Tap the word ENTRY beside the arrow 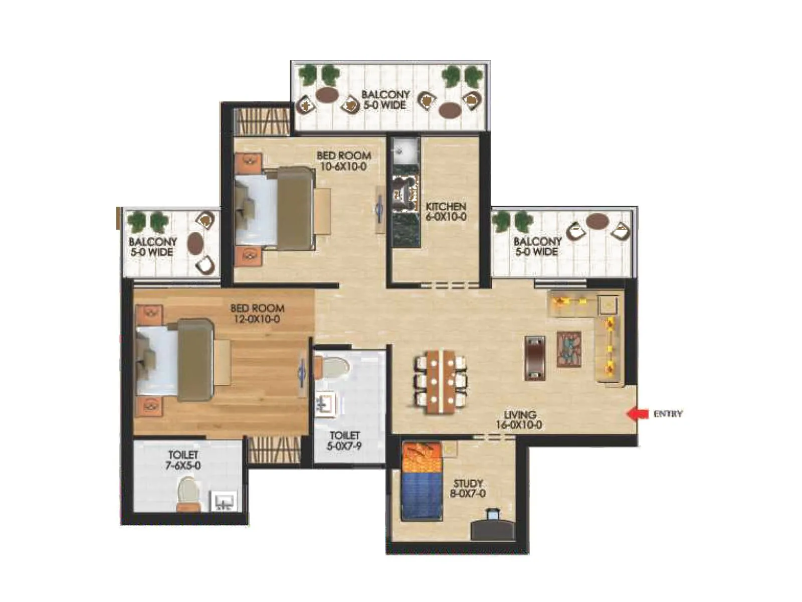pos(668,414)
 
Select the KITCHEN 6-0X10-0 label pos(446,212)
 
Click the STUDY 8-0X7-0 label pos(468,489)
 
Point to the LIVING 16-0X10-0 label pos(519,420)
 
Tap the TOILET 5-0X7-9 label pos(344,440)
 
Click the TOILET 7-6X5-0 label pos(183,460)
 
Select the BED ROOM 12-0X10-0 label pos(257,314)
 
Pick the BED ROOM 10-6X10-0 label pos(344,161)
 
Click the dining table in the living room pos(440,381)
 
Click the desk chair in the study pos(494,516)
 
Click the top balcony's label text pos(385,100)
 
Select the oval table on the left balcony pos(195,243)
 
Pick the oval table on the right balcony pos(597,221)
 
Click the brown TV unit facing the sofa pos(534,358)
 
